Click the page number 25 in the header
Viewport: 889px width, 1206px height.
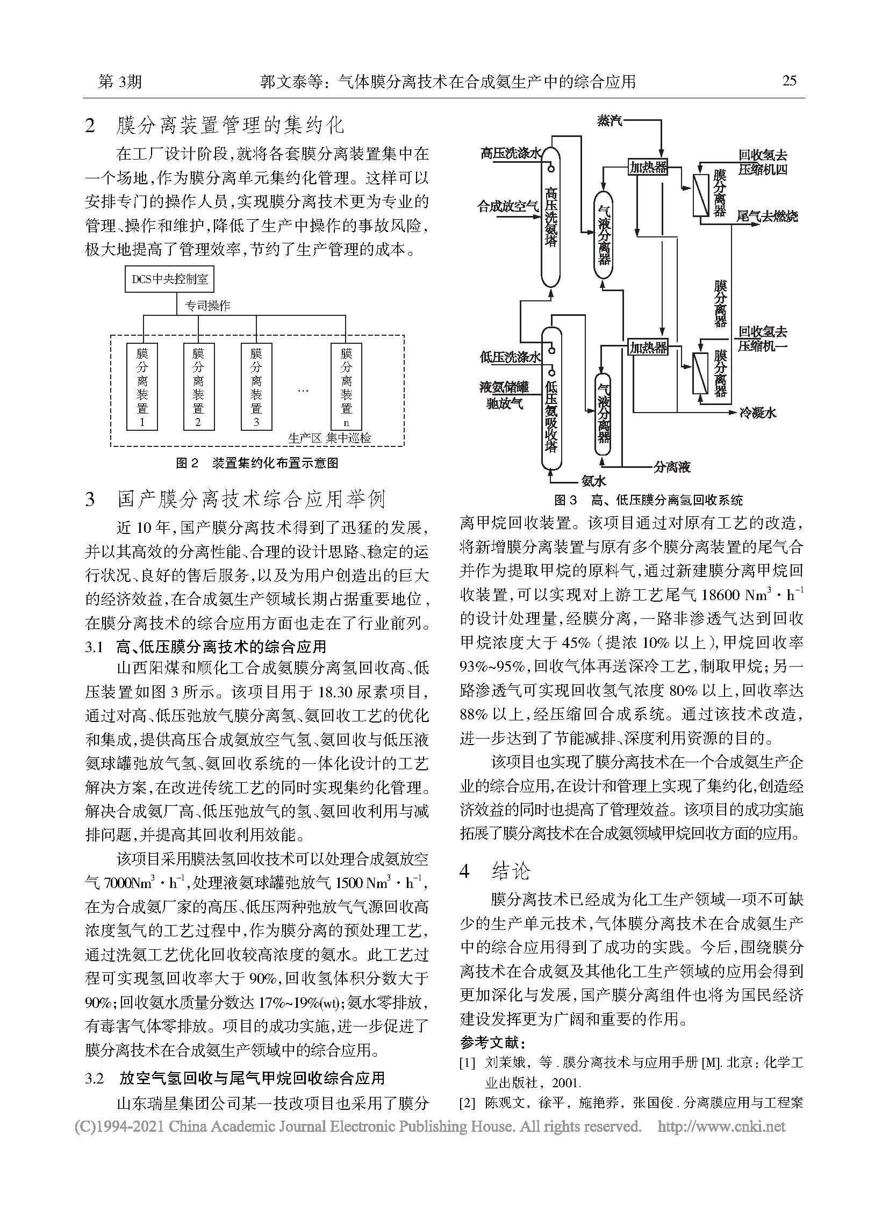pyautogui.click(x=789, y=81)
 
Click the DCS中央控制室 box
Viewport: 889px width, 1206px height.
pyautogui.click(x=169, y=279)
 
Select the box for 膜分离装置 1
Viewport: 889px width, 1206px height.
pyautogui.click(x=142, y=386)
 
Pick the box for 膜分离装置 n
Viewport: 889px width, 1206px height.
pyautogui.click(x=346, y=386)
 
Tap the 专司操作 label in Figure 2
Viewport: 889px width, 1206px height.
pyautogui.click(x=207, y=306)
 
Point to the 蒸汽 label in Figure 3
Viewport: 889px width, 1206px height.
pyautogui.click(x=609, y=120)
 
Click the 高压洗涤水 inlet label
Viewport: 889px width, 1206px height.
pyautogui.click(x=510, y=154)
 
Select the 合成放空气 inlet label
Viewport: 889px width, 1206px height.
pyautogui.click(x=508, y=206)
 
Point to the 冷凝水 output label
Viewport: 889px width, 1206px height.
pyautogui.click(x=757, y=413)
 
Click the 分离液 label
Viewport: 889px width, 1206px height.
pyautogui.click(x=672, y=466)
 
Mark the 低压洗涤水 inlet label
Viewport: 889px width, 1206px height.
pyautogui.click(x=510, y=357)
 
